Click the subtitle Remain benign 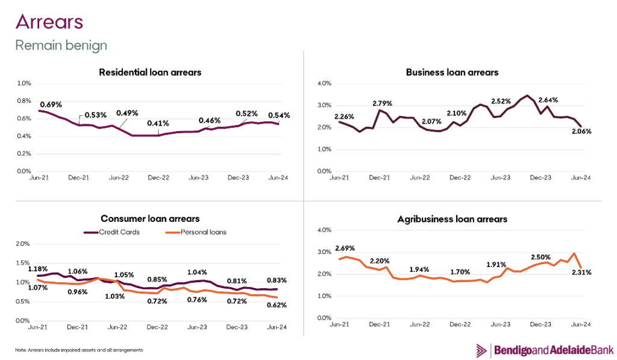[61, 45]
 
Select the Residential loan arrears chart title [150, 72]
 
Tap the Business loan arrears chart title [452, 72]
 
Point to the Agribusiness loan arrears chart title [452, 219]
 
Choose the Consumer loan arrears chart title [150, 218]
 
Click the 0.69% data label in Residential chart [52, 105]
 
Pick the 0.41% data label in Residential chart [158, 124]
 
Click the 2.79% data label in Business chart [383, 103]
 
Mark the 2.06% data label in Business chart [581, 131]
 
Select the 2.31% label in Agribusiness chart [581, 273]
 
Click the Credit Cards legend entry [112, 232]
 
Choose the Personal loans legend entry [196, 232]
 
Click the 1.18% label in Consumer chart [37, 268]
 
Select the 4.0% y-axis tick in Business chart [325, 83]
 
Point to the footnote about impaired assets [79, 350]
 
